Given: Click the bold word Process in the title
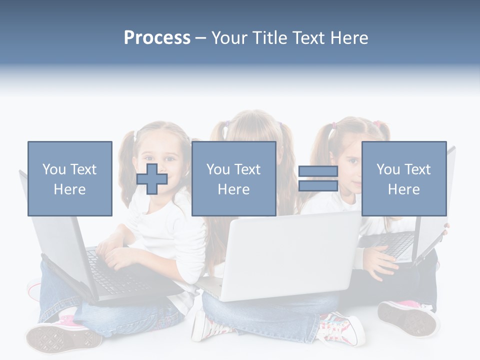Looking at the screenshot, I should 157,38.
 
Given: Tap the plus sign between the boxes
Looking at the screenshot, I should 152,178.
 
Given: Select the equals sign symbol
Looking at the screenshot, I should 318,178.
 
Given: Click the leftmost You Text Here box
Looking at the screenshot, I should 70,178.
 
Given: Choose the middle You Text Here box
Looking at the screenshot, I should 234,178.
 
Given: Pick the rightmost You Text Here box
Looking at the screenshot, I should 404,178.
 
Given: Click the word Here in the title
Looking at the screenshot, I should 349,38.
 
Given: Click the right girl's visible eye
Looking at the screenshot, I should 353,161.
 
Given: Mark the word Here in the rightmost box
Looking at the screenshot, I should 404,189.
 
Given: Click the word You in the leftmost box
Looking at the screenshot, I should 53,169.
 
